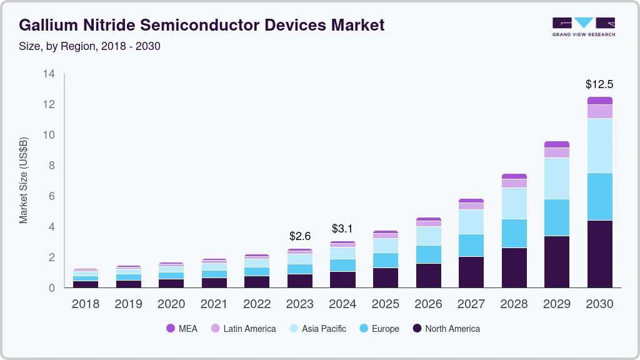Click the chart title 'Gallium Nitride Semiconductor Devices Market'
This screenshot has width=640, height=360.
tap(202, 25)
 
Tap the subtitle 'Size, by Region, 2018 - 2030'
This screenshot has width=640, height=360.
tap(89, 46)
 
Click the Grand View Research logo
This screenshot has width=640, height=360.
tap(583, 26)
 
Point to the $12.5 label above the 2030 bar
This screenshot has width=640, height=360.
tap(599, 84)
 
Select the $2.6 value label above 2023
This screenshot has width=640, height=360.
tap(300, 236)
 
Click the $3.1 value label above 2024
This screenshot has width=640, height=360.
tap(342, 228)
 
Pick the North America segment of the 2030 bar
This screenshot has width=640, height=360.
tap(599, 254)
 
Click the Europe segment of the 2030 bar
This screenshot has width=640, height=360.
tap(599, 196)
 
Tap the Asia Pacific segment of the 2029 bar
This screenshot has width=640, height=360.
tap(557, 178)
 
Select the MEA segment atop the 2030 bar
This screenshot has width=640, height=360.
tap(599, 101)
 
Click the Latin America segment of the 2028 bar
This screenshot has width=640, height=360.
tap(514, 183)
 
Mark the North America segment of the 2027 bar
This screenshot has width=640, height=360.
tap(471, 272)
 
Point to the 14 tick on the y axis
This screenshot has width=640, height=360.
tap(49, 74)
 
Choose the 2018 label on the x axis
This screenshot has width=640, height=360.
tap(86, 304)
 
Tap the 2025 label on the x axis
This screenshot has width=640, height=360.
tap(386, 304)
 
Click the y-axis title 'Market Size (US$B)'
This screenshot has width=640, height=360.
tap(24, 180)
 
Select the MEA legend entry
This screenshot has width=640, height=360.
tap(182, 329)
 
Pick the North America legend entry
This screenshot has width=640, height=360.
tap(446, 329)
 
